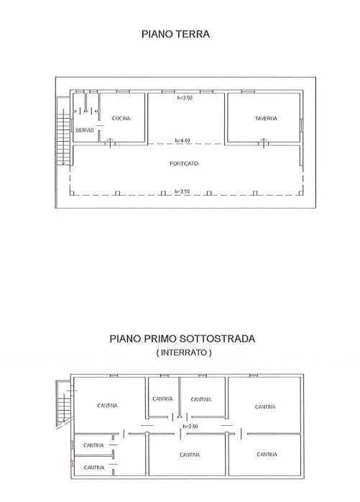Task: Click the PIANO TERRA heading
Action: point(175,34)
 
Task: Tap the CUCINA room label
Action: point(121,119)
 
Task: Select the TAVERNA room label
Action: point(266,119)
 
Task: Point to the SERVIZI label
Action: point(85,130)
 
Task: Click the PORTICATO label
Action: point(184,163)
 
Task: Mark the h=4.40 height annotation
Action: point(183,140)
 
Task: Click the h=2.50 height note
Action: point(190,426)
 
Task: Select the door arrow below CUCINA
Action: point(110,143)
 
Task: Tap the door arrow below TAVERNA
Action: point(264,143)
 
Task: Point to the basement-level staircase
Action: point(64,403)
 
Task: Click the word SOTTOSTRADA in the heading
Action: point(217,339)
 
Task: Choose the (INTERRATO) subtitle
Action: point(184,352)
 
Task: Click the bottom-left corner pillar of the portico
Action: point(72,193)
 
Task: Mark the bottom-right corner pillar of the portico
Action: point(301,193)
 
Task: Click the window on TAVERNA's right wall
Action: point(301,125)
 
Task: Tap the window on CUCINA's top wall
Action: point(123,91)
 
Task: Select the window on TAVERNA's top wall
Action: point(248,91)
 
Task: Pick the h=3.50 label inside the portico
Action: point(182,191)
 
